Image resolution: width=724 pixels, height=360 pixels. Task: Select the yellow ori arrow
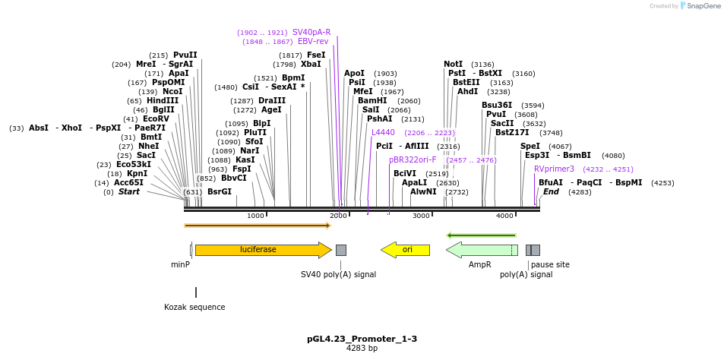click(x=406, y=250)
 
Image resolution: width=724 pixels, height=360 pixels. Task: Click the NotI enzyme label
click(x=453, y=64)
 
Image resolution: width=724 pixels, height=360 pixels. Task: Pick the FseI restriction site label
click(x=316, y=55)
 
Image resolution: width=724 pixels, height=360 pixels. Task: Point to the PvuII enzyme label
click(x=185, y=55)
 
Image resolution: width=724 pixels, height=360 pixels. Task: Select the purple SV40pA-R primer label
click(x=311, y=33)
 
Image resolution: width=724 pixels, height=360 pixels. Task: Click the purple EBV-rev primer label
click(x=313, y=42)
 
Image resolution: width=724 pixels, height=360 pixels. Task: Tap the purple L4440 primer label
click(x=383, y=132)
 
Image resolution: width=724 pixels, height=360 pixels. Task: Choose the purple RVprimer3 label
click(x=554, y=169)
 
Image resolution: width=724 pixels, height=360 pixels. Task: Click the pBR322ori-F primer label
click(x=413, y=160)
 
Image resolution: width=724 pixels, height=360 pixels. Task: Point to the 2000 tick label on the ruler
click(x=338, y=216)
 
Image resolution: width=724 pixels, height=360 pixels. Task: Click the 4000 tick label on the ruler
click(x=504, y=216)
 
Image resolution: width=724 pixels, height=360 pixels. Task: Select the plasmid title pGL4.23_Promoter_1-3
click(x=362, y=339)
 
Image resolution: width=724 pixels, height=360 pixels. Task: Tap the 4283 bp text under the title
click(x=362, y=349)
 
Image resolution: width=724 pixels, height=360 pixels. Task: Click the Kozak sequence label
click(x=194, y=308)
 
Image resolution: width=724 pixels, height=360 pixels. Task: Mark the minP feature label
click(x=180, y=265)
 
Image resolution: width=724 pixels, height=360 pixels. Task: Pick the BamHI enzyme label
click(x=372, y=100)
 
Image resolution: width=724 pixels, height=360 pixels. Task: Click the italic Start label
click(x=128, y=192)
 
